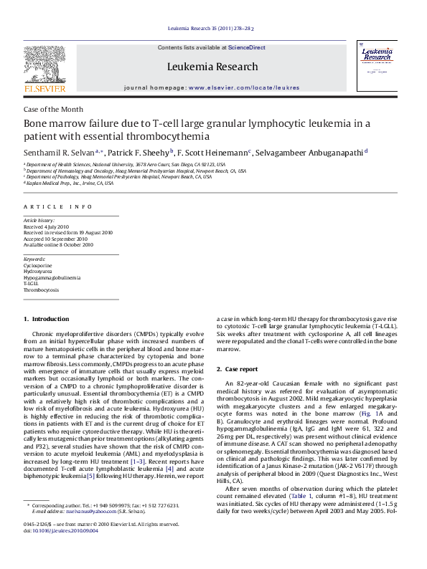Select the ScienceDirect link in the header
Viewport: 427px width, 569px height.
(x=246, y=48)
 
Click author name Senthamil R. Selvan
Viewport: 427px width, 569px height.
(x=63, y=153)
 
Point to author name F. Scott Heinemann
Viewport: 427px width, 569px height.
(x=213, y=153)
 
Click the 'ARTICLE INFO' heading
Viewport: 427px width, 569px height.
(x=58, y=206)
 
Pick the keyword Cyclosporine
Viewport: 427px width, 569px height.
(x=37, y=265)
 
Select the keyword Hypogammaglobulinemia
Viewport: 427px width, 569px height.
(x=52, y=277)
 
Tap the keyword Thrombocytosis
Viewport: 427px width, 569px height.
(x=42, y=290)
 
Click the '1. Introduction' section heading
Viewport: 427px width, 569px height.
(x=47, y=319)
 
